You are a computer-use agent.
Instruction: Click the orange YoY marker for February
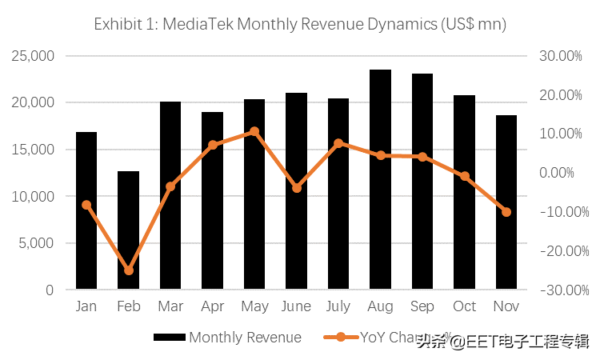point(129,270)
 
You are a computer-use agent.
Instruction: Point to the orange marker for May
point(254,131)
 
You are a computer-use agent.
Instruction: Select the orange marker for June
point(296,188)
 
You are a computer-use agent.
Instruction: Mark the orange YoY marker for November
point(506,212)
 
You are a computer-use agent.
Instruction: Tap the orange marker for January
point(86,205)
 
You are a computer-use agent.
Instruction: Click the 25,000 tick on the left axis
point(33,56)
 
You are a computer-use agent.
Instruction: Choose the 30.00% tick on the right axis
point(560,56)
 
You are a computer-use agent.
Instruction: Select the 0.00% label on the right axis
point(562,173)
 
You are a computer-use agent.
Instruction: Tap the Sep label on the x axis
point(422,306)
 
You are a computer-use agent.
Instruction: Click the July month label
point(338,306)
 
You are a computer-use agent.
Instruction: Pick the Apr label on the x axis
point(212,306)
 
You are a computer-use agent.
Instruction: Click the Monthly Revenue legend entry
point(245,338)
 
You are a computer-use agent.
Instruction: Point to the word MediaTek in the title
point(197,24)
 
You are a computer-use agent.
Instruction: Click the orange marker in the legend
point(341,338)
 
